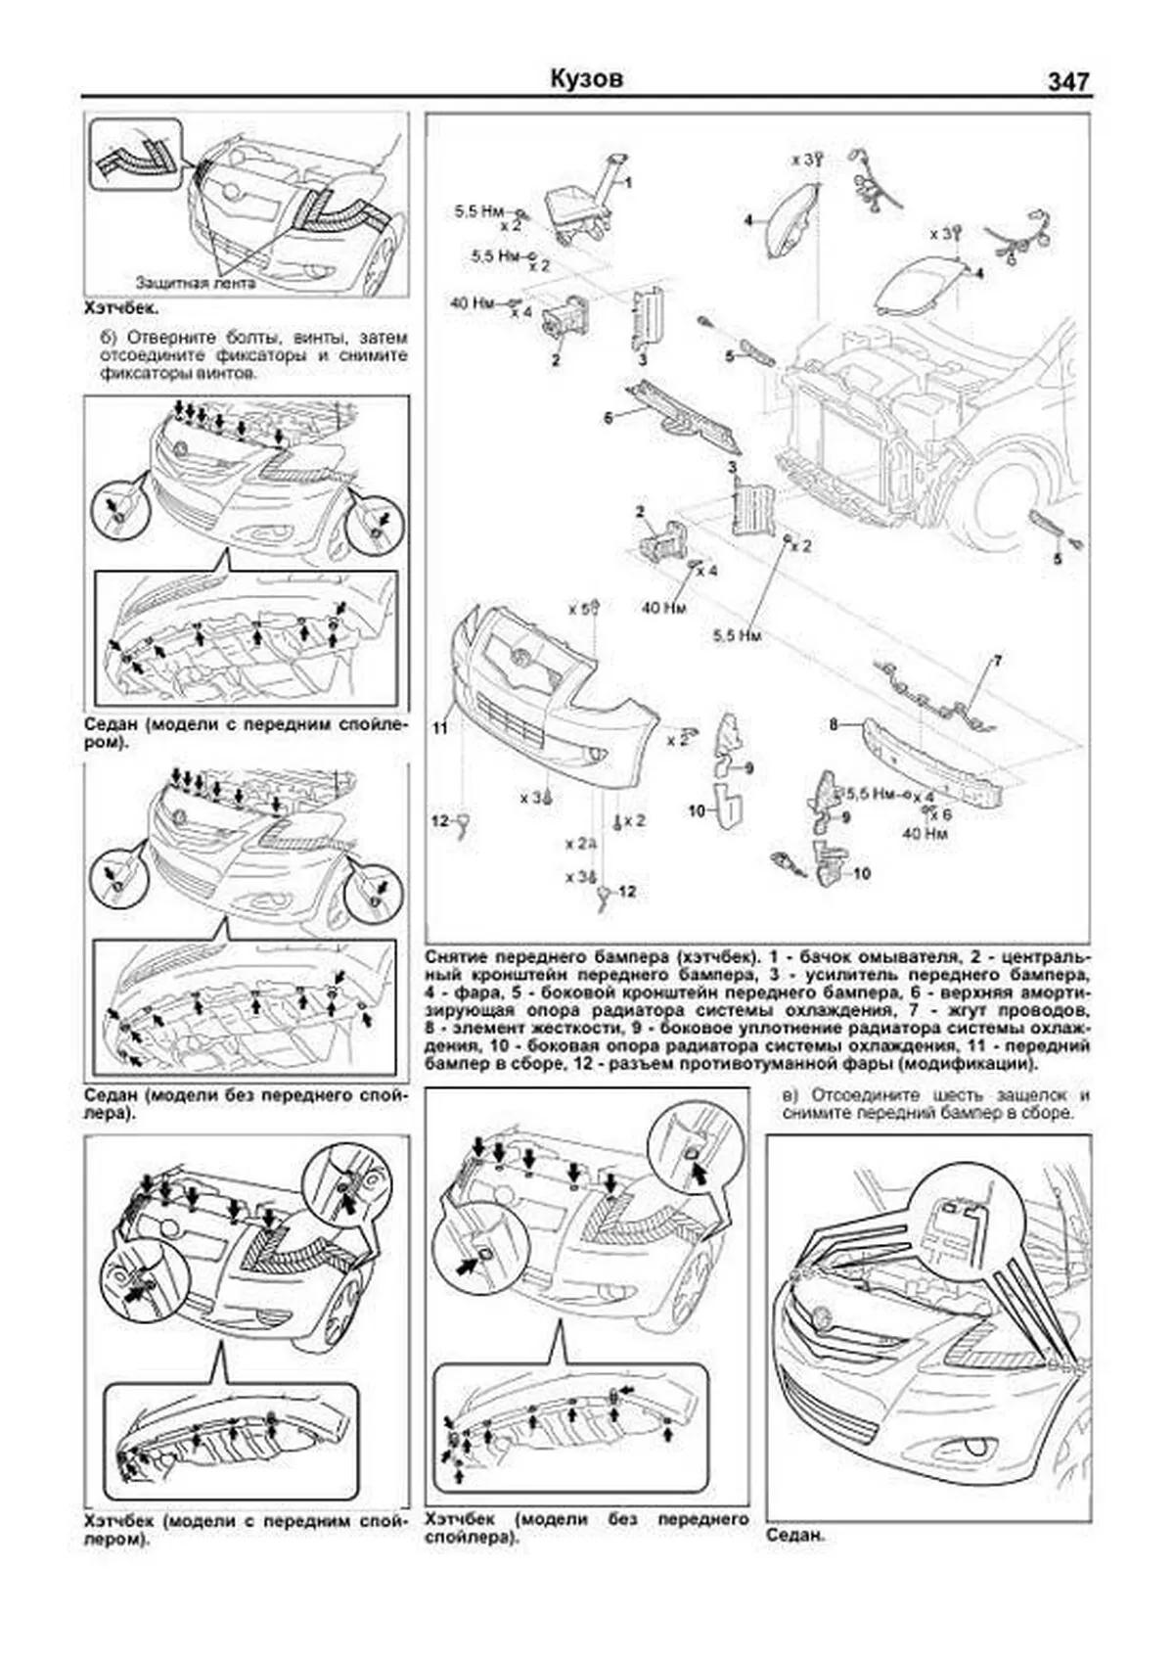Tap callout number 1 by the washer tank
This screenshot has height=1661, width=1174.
coord(628,183)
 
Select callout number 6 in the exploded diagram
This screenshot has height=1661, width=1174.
coord(608,418)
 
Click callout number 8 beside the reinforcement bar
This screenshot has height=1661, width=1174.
coord(834,725)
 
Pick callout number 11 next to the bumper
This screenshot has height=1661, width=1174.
coord(440,729)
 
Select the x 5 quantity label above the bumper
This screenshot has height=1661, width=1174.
coord(580,609)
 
